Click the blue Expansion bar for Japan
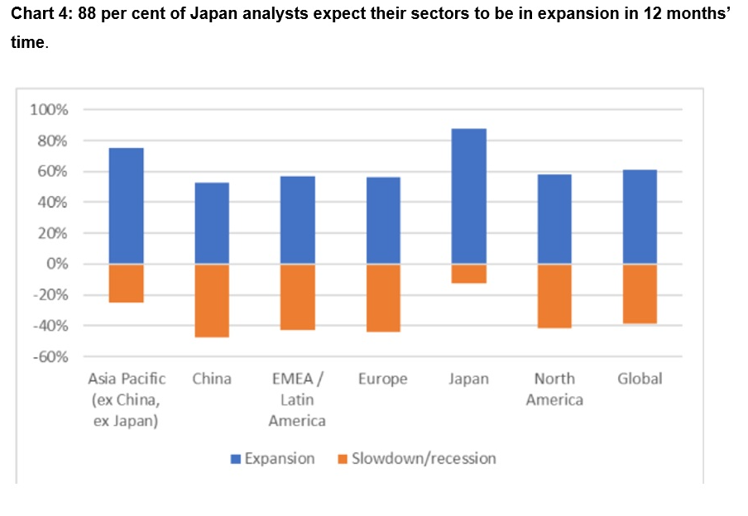click(468, 196)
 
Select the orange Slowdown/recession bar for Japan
click(468, 274)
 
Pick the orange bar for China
click(212, 300)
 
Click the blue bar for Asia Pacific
click(127, 206)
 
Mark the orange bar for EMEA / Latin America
click(297, 297)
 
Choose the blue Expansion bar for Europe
click(383, 221)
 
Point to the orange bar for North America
click(554, 296)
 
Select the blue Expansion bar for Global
click(640, 217)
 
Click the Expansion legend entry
click(272, 458)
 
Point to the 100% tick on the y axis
click(49, 110)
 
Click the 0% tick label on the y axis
click(57, 264)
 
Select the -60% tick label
click(50, 356)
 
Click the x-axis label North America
click(554, 389)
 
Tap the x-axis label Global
click(640, 379)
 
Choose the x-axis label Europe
click(383, 379)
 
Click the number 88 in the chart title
click(87, 17)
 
